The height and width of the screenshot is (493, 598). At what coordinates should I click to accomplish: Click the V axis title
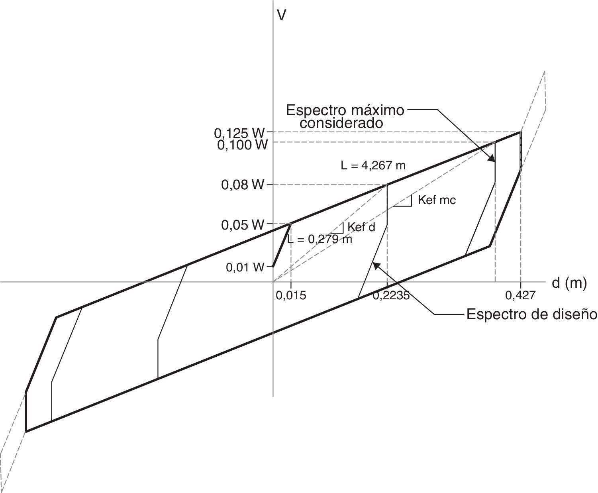282,15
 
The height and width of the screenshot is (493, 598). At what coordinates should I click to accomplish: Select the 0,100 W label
242,145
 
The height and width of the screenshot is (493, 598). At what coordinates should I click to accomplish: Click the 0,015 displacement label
291,295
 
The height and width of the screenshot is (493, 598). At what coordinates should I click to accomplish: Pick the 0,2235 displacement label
391,295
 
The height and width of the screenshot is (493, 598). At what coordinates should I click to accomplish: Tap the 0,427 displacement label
520,295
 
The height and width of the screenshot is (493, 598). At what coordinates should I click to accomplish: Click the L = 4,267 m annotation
373,165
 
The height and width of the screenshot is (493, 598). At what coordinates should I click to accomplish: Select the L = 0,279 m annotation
320,240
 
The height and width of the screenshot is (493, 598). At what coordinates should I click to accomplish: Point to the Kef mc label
437,200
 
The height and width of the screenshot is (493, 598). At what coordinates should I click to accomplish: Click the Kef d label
361,227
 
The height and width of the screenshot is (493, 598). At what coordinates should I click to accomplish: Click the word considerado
341,123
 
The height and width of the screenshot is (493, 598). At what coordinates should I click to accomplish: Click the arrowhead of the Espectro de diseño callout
375,265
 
